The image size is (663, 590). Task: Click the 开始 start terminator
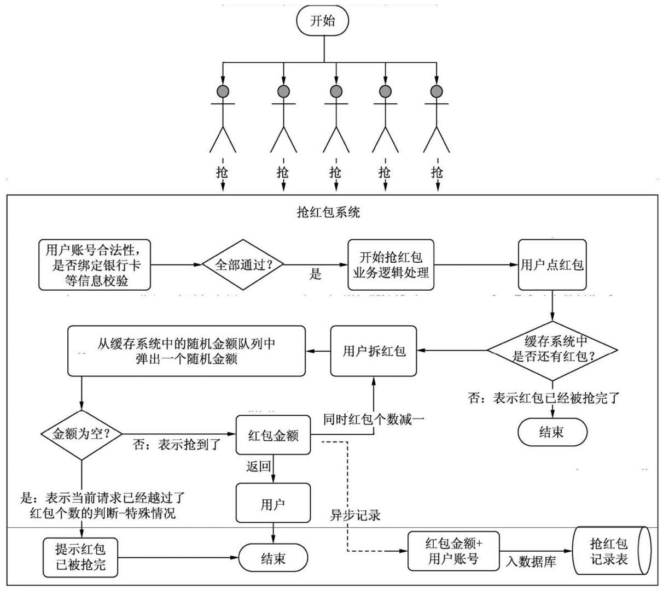(323, 21)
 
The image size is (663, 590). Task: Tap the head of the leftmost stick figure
(223, 91)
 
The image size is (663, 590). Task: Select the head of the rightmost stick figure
(437, 91)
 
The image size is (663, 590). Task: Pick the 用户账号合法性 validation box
(95, 265)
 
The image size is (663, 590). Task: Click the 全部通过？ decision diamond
(245, 264)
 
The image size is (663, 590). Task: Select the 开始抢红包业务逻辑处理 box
(391, 264)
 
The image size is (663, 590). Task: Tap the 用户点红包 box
(552, 265)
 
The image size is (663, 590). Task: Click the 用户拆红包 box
(374, 351)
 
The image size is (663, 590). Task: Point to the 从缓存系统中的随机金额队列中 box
(186, 351)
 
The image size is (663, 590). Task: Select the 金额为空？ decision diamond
(81, 435)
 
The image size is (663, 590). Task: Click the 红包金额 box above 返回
(273, 435)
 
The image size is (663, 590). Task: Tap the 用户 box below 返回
(273, 503)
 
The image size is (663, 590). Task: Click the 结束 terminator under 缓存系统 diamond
(552, 433)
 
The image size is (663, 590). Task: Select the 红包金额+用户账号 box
(453, 551)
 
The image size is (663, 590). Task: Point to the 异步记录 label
(355, 515)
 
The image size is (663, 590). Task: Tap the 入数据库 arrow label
(531, 562)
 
